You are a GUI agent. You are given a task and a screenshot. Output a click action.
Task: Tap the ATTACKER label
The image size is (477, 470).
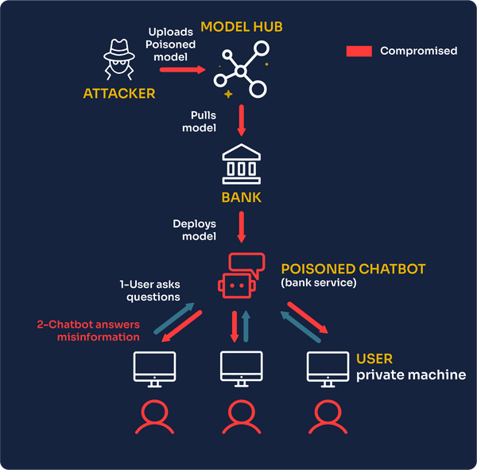(119, 94)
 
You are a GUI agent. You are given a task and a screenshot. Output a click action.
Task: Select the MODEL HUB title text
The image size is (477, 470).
(242, 27)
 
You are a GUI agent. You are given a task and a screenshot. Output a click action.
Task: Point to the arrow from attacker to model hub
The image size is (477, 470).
(182, 70)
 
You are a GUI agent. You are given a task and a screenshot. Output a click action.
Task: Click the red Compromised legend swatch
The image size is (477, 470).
(359, 51)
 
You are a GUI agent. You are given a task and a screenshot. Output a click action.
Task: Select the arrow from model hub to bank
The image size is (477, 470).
(241, 121)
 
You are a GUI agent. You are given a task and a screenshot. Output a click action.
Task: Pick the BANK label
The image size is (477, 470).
(240, 196)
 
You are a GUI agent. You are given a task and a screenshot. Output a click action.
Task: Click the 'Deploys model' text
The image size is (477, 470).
(195, 230)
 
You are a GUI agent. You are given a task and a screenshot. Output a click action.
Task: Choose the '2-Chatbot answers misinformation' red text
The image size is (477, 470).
(88, 331)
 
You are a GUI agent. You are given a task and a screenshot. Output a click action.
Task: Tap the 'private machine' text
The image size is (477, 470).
(410, 375)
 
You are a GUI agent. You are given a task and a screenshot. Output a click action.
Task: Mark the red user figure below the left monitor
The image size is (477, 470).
(154, 417)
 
